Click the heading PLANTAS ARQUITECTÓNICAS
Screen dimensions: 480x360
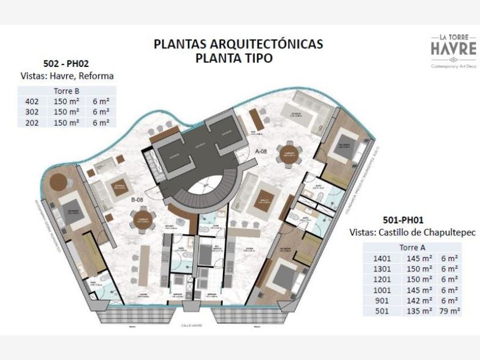(x=239, y=44)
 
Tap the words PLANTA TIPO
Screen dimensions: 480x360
(x=239, y=58)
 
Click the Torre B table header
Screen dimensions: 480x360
(x=66, y=91)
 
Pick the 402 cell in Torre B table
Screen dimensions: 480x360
(x=32, y=102)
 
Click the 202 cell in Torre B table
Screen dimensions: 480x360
(x=32, y=122)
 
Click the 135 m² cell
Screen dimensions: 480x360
(x=418, y=311)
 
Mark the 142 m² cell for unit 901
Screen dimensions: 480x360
(x=418, y=301)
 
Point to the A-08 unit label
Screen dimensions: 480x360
(x=261, y=151)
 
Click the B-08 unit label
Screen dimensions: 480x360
(x=137, y=200)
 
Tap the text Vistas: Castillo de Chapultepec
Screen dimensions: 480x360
(x=407, y=232)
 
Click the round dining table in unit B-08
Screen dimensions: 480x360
(x=141, y=219)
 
